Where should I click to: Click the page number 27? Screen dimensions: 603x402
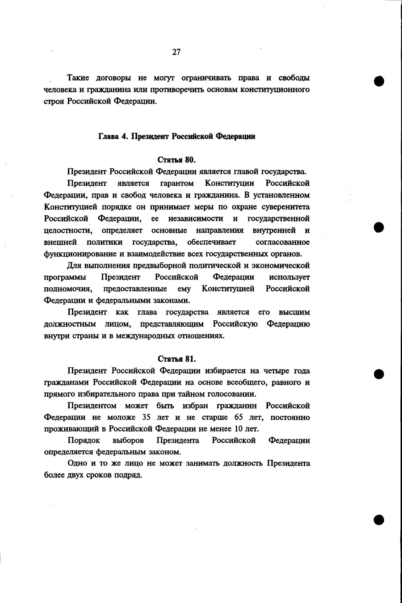176,52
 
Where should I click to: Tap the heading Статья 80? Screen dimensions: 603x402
177,160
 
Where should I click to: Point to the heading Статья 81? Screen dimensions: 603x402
177,359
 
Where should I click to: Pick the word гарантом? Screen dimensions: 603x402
177,183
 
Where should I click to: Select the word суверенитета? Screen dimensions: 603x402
286,207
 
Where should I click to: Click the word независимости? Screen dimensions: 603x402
196,218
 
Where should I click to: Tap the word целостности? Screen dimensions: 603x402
68,230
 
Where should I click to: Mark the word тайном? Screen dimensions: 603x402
201,394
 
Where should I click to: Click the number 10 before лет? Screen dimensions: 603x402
239,429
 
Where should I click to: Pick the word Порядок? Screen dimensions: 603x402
84,440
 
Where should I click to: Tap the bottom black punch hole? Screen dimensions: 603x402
379,519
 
